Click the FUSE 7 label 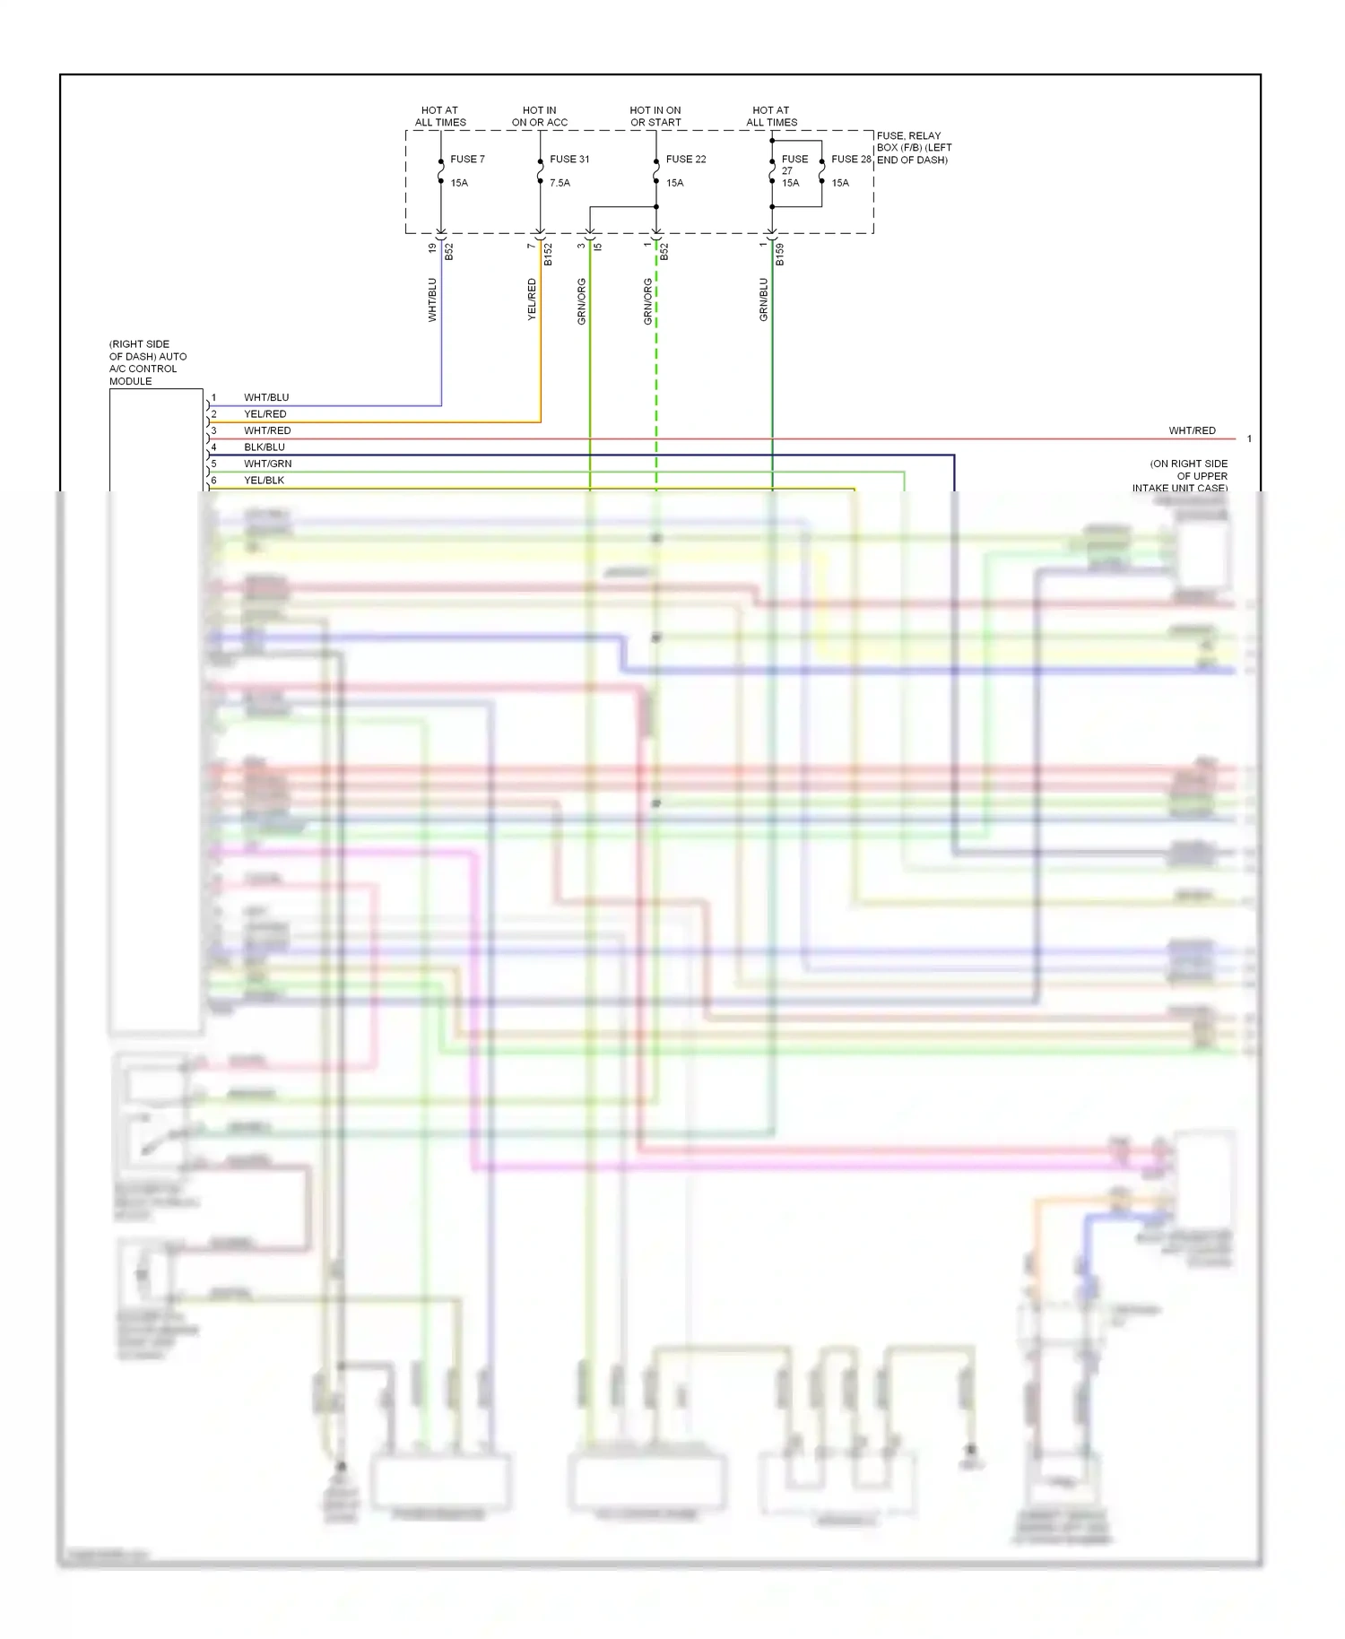[467, 160]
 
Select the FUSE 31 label [569, 160]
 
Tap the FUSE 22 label [686, 160]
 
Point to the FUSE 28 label [851, 160]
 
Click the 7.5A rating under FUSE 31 [560, 183]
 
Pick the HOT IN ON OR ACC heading [540, 117]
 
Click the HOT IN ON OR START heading [655, 117]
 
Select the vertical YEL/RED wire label [532, 299]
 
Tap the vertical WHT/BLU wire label [432, 299]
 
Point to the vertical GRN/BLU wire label [764, 299]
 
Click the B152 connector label [548, 255]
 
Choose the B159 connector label [780, 255]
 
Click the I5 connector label [598, 247]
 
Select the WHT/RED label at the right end [1192, 431]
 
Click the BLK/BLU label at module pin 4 [265, 447]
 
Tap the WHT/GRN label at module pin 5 [267, 464]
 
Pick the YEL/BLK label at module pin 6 [264, 481]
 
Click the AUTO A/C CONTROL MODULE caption [148, 363]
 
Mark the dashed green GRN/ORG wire [656, 377]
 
